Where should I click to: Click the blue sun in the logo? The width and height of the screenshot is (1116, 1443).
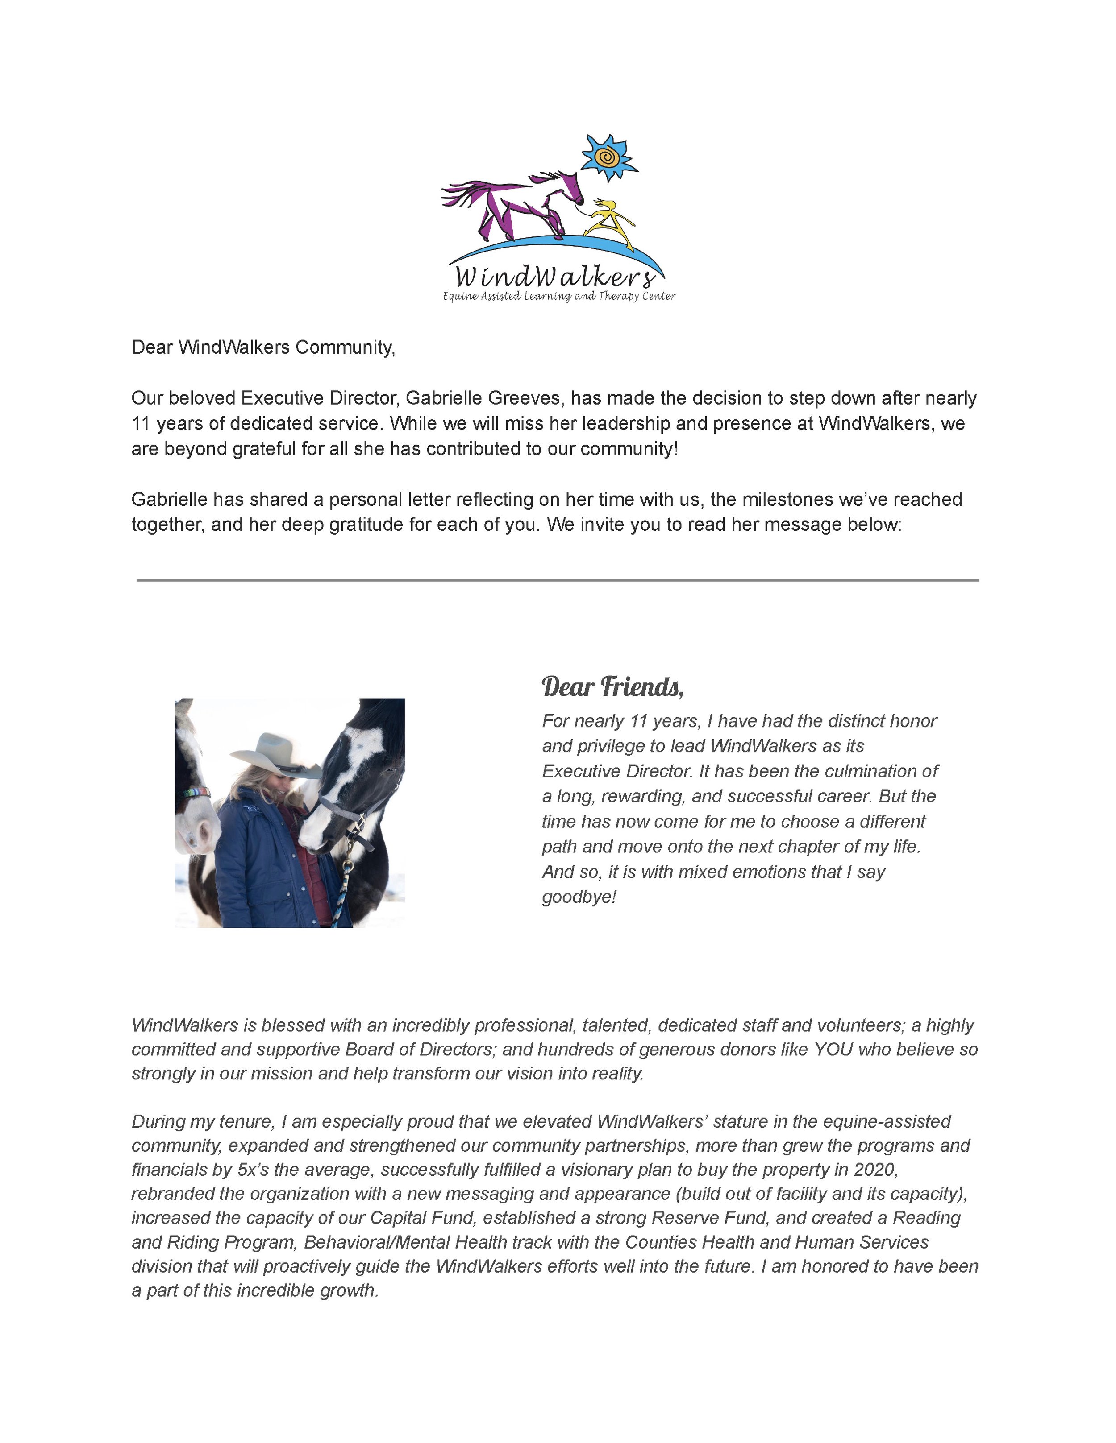point(607,157)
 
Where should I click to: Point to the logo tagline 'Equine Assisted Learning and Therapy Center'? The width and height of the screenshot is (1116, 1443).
point(558,296)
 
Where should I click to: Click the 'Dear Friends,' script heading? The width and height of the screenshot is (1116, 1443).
point(612,687)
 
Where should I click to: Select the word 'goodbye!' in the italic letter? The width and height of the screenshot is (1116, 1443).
point(579,897)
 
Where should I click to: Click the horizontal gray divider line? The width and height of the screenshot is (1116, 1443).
point(558,580)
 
